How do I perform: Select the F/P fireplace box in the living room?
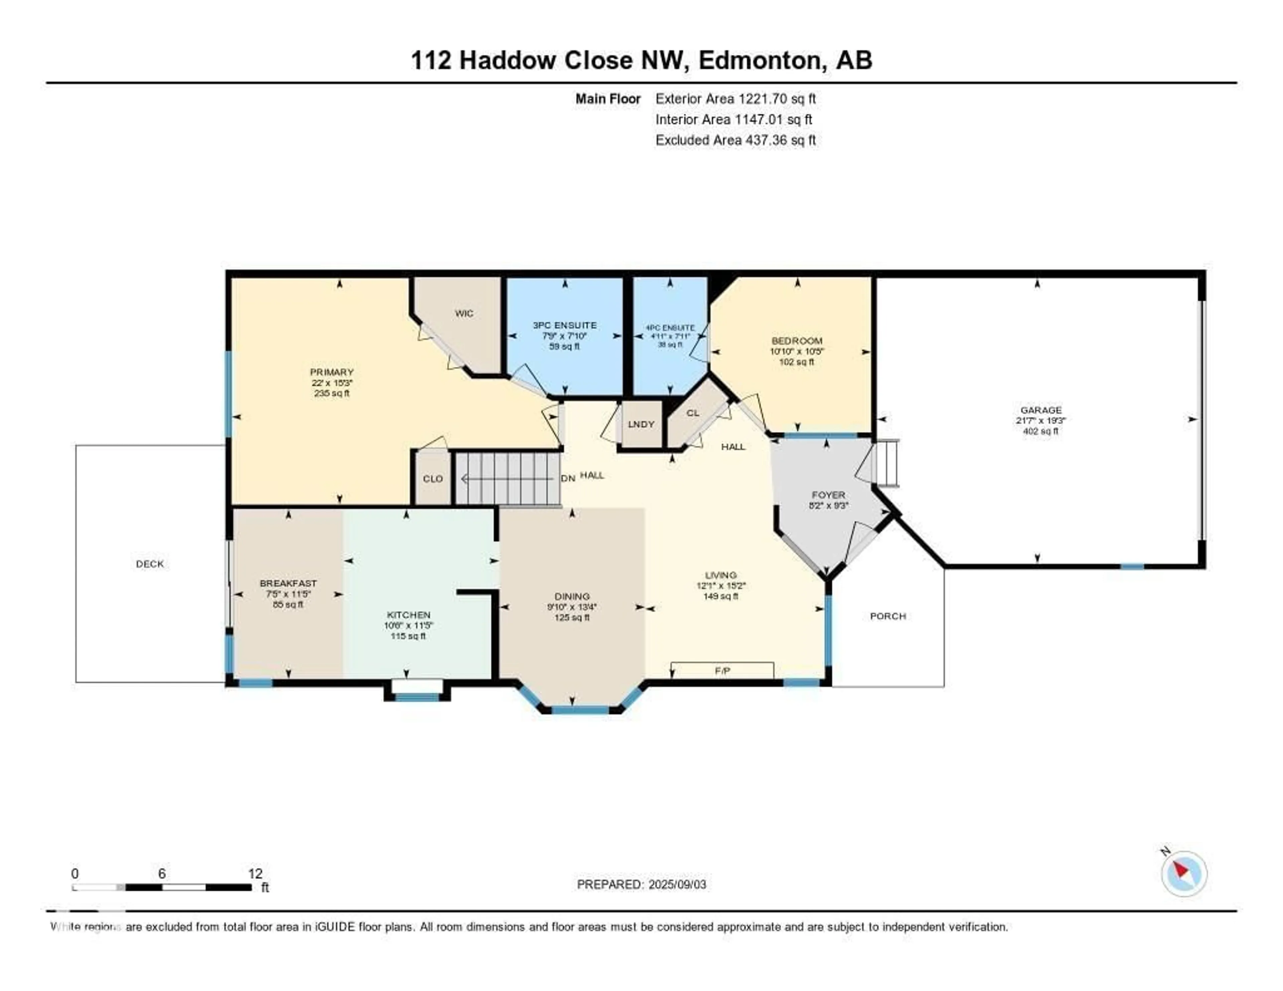click(722, 670)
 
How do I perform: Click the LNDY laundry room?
click(641, 424)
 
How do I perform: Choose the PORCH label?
click(888, 616)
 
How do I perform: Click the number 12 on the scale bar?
click(255, 873)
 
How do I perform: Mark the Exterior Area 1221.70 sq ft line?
click(735, 99)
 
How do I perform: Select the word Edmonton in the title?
click(759, 60)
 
